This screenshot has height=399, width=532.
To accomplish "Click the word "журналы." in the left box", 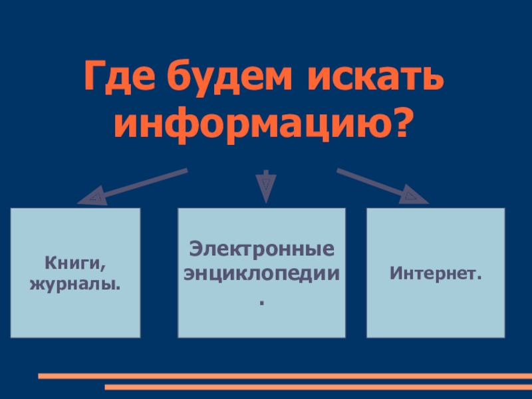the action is point(75,284).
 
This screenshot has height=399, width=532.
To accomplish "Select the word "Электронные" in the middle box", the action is point(261,251).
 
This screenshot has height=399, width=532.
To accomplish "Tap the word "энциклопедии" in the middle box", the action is point(261,273).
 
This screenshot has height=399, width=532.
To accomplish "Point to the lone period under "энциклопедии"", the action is point(261,303).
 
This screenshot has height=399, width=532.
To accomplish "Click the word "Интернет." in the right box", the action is point(436,273).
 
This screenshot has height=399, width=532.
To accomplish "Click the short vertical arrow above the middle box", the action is point(265,184).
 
